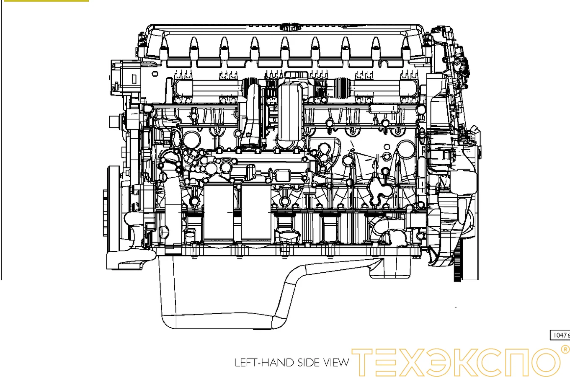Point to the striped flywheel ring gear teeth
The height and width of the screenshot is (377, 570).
pos(457,260)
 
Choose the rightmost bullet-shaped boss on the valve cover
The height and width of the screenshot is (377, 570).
pos(406,44)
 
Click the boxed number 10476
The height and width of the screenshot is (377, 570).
pos(560,335)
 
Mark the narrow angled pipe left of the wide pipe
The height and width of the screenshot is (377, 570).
pos(253,113)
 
